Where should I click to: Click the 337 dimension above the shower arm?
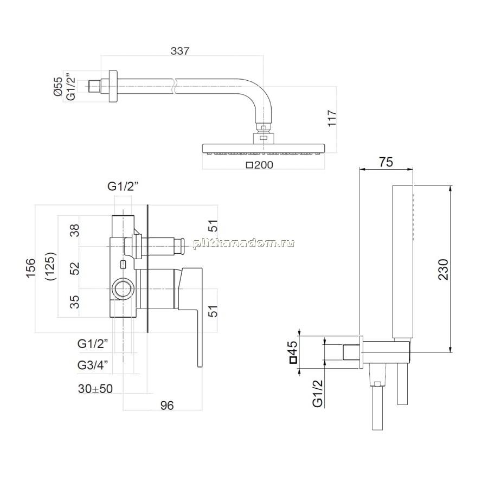pyautogui.click(x=180, y=51)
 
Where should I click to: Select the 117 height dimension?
pyautogui.click(x=332, y=118)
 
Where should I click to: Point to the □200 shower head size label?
pyautogui.click(x=260, y=165)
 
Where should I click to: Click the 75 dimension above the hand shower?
pyautogui.click(x=386, y=162)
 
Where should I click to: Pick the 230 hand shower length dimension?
pyautogui.click(x=443, y=269)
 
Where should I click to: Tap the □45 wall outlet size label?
pyautogui.click(x=293, y=352)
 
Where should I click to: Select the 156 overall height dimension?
pyautogui.click(x=30, y=268)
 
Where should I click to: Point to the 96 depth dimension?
pyautogui.click(x=167, y=405)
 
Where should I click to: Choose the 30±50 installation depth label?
pyautogui.click(x=95, y=389)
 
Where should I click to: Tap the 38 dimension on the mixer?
pyautogui.click(x=75, y=230)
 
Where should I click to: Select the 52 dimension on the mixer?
pyautogui.click(x=75, y=268)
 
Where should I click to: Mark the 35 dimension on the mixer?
pyautogui.click(x=75, y=301)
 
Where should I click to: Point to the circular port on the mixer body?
pyautogui.click(x=124, y=288)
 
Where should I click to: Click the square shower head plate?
pyautogui.click(x=264, y=149)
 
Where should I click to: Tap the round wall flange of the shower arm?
pyautogui.click(x=113, y=86)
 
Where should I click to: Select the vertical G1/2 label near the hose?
pyautogui.click(x=317, y=394)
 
